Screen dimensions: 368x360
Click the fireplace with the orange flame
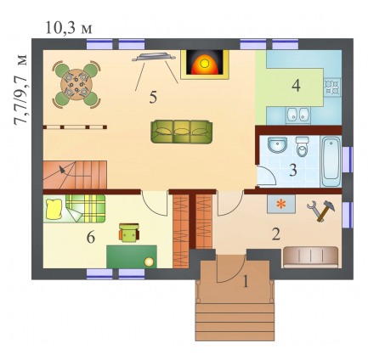pyautogui.click(x=205, y=65)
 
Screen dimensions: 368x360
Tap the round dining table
pyautogui.click(x=76, y=84)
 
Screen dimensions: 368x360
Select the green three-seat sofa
pyautogui.click(x=182, y=132)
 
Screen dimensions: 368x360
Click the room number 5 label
pyautogui.click(x=153, y=97)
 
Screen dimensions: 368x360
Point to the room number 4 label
pyautogui.click(x=296, y=85)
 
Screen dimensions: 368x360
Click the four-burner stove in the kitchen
pyautogui.click(x=332, y=87)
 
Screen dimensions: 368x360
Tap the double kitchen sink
pyautogui.click(x=297, y=115)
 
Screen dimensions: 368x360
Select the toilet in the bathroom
pyautogui.click(x=303, y=146)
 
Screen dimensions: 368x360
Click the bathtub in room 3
pyautogui.click(x=331, y=161)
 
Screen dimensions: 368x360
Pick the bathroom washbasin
pyautogui.click(x=277, y=145)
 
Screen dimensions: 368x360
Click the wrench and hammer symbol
pyautogui.click(x=321, y=211)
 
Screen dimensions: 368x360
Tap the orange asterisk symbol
pyautogui.click(x=280, y=204)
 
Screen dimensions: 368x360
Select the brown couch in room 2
pyautogui.click(x=311, y=257)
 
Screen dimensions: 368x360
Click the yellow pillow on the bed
pyautogui.click(x=54, y=209)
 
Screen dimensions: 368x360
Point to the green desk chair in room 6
pyautogui.click(x=129, y=233)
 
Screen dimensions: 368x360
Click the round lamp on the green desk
pyautogui.click(x=149, y=262)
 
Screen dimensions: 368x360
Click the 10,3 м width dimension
pyautogui.click(x=69, y=28)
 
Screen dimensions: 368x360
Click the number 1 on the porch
pyautogui.click(x=246, y=282)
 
